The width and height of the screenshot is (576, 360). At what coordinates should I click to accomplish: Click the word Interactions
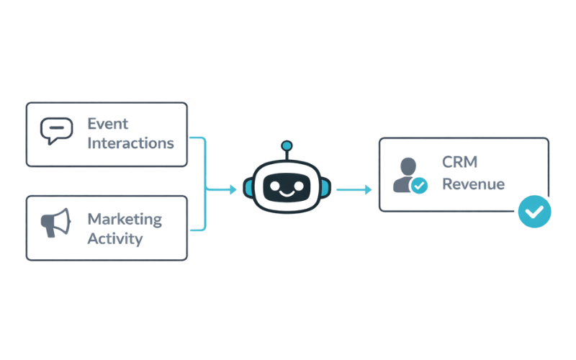tap(130, 143)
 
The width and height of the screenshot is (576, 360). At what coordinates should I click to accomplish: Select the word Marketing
tap(124, 218)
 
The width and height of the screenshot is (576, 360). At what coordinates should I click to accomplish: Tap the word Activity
tap(114, 238)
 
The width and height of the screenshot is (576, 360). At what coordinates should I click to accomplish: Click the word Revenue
tap(473, 184)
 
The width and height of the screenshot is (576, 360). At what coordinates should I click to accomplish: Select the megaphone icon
tap(56, 224)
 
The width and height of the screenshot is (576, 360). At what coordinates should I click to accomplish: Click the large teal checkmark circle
tap(534, 211)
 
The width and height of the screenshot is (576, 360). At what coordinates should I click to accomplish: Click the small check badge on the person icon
tap(418, 186)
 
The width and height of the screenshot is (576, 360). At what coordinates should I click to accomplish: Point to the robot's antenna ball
tap(287, 146)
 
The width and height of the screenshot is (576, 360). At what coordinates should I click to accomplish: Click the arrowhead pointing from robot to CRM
tap(368, 190)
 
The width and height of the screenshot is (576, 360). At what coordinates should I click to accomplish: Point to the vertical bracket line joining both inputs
tap(207, 184)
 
